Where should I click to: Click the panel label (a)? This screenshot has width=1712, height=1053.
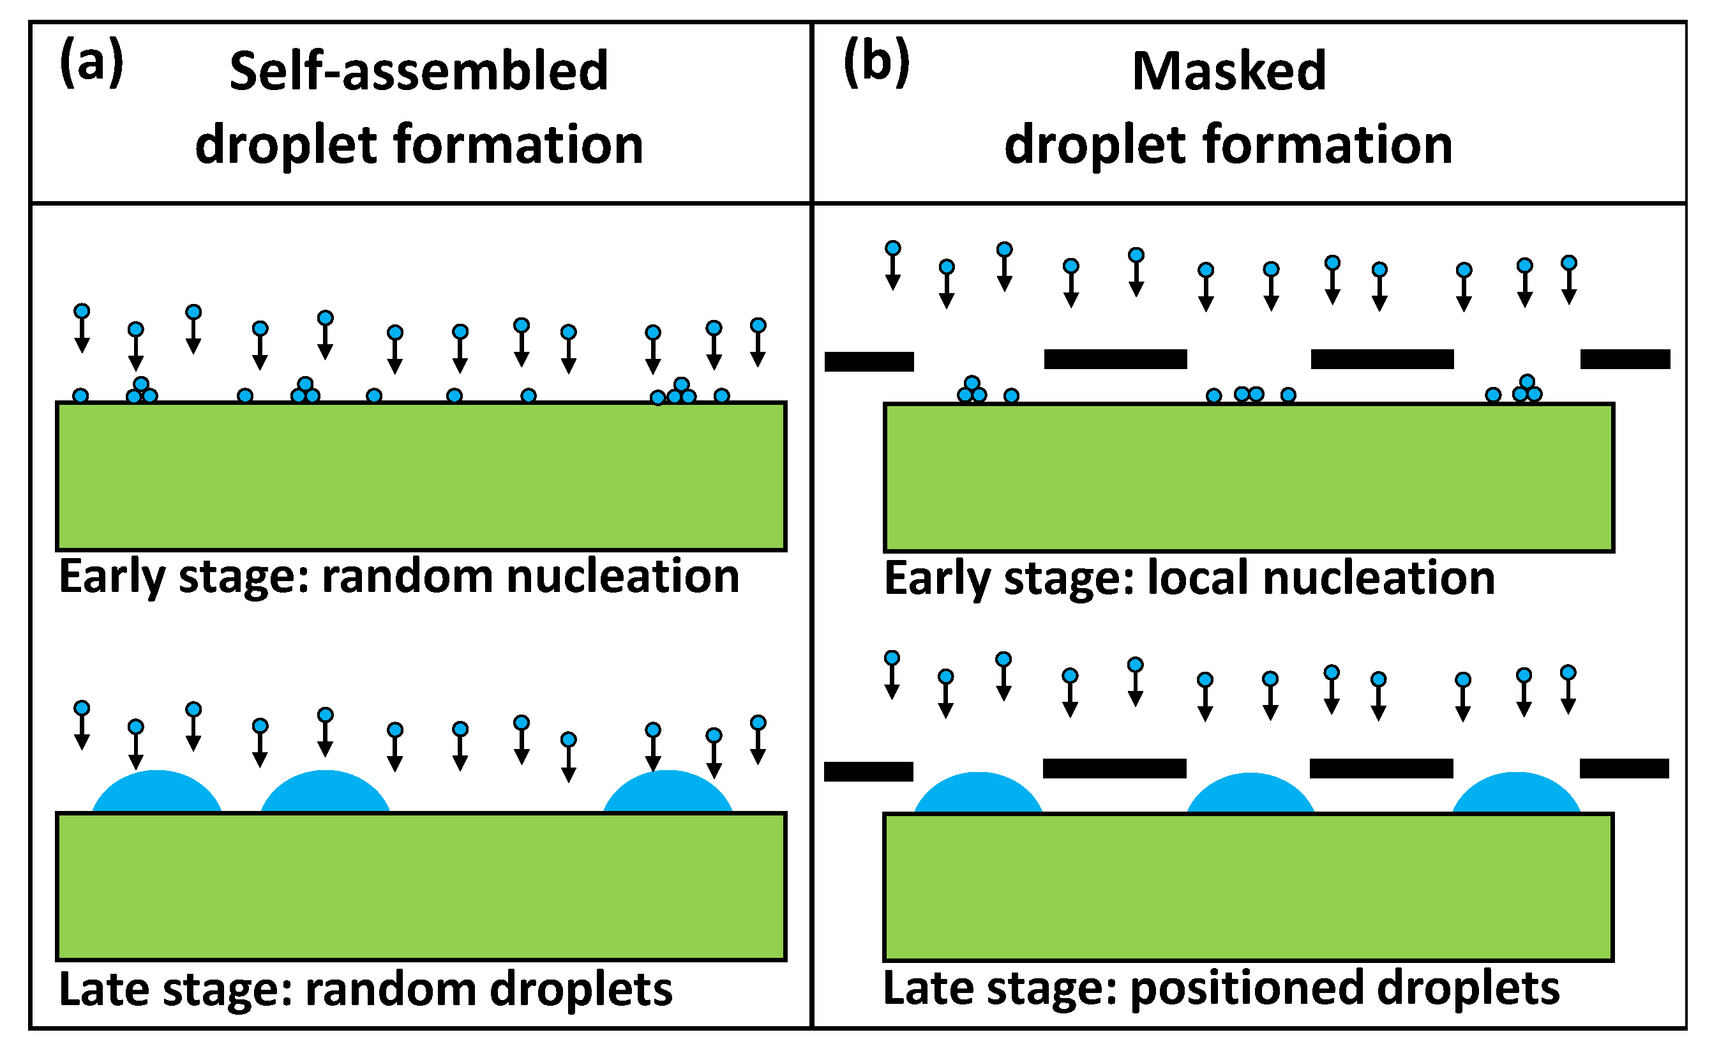pyautogui.click(x=91, y=63)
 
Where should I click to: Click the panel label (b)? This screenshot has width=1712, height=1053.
pyautogui.click(x=876, y=63)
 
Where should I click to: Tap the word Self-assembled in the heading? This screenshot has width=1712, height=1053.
pyautogui.click(x=419, y=72)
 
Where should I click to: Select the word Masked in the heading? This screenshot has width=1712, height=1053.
pyautogui.click(x=1229, y=72)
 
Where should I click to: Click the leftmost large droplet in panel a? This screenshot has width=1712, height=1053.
pyautogui.click(x=157, y=793)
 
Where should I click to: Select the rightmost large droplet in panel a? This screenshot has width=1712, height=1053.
pyautogui.click(x=668, y=793)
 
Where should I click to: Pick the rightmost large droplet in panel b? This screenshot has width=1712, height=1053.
pyautogui.click(x=1517, y=794)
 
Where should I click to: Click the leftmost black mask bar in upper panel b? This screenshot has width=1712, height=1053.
pyautogui.click(x=869, y=361)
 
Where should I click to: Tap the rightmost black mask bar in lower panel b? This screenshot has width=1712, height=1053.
pyautogui.click(x=1625, y=769)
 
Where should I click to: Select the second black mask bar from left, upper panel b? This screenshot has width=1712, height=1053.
pyautogui.click(x=1115, y=360)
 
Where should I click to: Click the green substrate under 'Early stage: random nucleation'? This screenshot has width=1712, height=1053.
pyautogui.click(x=421, y=477)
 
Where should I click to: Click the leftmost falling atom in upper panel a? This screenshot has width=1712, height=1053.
pyautogui.click(x=82, y=312)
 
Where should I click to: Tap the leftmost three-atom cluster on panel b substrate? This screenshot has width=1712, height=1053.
pyautogui.click(x=972, y=391)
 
